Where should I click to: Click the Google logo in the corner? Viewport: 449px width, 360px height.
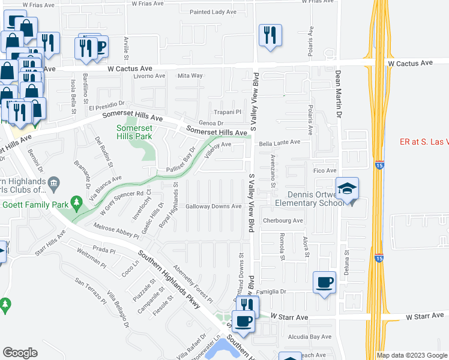click(20, 353)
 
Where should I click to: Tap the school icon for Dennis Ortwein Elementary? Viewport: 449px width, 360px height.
click(347, 189)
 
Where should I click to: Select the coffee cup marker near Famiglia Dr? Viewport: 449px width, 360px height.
click(325, 282)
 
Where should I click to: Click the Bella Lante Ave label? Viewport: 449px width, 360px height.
click(279, 143)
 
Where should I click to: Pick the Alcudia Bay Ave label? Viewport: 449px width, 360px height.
click(310, 337)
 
